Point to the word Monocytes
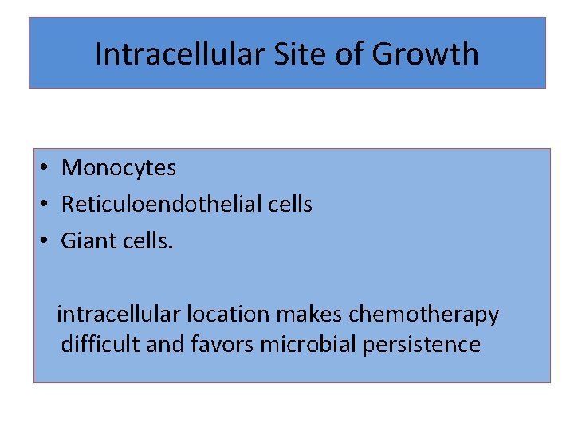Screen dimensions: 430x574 (119, 168)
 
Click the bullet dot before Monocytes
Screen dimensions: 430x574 (47, 168)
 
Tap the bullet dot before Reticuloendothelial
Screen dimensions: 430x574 (47, 205)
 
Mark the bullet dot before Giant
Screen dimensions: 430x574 (47, 240)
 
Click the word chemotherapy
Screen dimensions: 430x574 (424, 315)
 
